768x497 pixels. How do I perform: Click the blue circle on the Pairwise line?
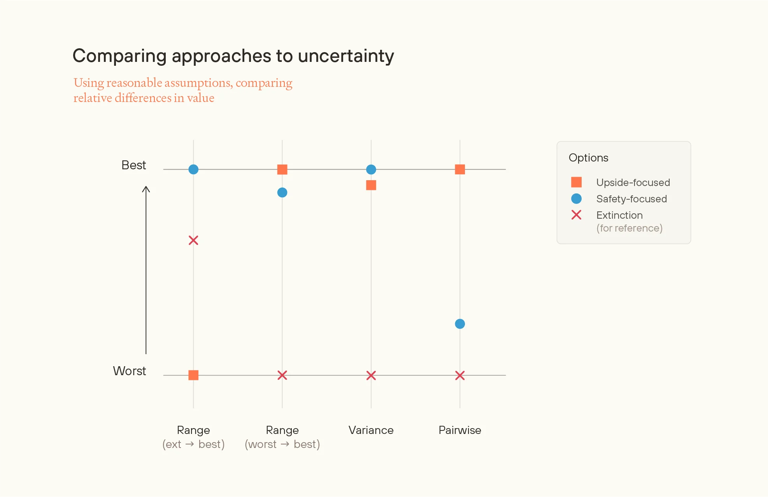click(x=460, y=324)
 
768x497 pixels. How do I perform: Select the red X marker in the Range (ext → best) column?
click(x=193, y=240)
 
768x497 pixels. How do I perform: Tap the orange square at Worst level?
click(x=193, y=375)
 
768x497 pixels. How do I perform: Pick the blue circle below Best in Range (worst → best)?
click(x=282, y=193)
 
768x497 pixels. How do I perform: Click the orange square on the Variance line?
click(x=371, y=185)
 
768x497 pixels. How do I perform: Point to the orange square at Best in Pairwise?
click(x=460, y=169)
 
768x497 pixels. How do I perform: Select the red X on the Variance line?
click(x=371, y=375)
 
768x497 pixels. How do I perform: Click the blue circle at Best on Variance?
click(x=371, y=169)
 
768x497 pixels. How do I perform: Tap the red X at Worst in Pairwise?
click(x=460, y=375)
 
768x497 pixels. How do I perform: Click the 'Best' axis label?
click(x=133, y=165)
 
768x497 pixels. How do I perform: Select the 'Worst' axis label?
click(x=129, y=371)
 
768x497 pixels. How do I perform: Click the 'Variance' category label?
click(x=371, y=430)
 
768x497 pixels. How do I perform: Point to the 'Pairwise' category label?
click(x=459, y=430)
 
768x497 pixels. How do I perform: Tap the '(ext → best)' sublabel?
click(x=193, y=444)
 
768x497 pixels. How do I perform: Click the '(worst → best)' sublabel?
click(x=282, y=444)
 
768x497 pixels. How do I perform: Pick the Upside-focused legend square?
click(x=576, y=182)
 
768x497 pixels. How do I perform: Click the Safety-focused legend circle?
click(x=576, y=198)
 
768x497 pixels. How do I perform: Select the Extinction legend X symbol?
click(x=576, y=215)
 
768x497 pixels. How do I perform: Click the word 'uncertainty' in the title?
click(x=346, y=56)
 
